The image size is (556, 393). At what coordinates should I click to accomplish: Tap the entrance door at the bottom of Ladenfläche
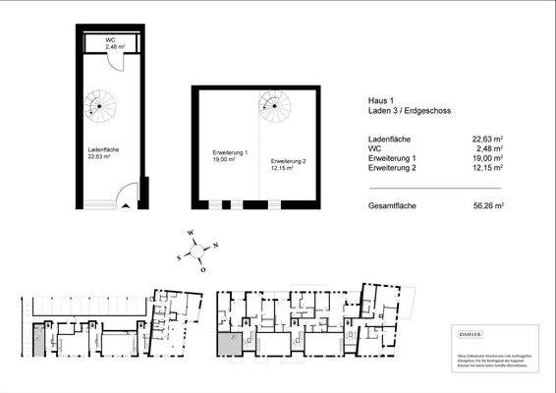coord(126,196)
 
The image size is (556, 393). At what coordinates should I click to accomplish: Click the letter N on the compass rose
coord(216,245)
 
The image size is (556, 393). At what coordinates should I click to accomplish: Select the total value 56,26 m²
coord(487,206)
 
